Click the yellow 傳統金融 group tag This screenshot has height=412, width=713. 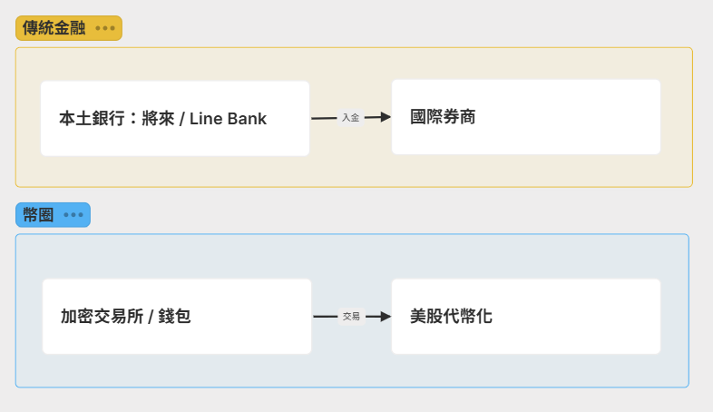[54, 28]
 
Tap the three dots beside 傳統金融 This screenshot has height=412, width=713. [105, 28]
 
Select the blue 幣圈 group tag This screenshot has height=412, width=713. [38, 215]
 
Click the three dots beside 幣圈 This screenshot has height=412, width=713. [73, 215]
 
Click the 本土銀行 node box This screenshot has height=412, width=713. [175, 118]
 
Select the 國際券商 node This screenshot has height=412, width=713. [526, 117]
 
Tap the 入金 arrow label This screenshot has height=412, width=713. [350, 117]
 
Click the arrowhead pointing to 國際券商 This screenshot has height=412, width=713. [385, 117]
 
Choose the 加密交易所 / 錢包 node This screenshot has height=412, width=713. [177, 317]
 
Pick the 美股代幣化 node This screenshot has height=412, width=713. [526, 316]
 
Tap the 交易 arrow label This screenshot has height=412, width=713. [351, 317]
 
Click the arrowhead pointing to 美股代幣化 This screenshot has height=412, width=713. [385, 317]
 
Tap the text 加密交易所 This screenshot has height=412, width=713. [99, 317]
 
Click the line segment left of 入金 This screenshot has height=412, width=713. [324, 118]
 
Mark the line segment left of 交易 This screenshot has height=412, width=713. [326, 317]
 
